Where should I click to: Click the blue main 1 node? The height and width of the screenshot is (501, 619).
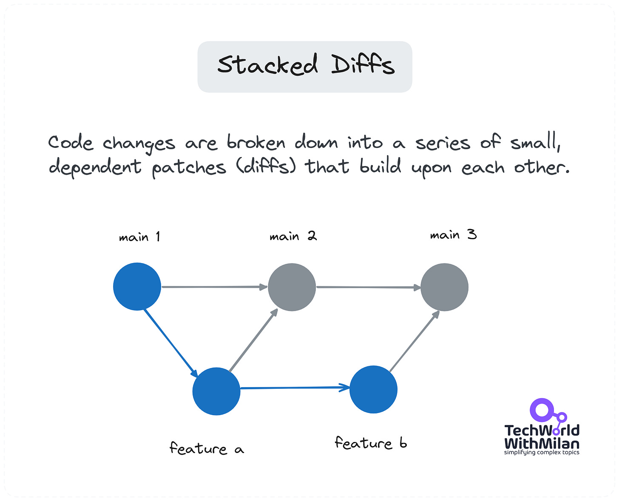pos(137,286)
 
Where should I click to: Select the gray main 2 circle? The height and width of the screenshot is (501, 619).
pos(292,287)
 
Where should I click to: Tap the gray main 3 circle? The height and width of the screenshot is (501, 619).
pos(444,287)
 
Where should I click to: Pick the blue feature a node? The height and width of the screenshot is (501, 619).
pos(216,391)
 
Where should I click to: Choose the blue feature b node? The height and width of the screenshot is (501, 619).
pos(373,389)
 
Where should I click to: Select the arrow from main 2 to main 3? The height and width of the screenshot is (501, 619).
pos(368,287)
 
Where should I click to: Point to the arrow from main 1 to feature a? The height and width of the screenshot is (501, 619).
pos(170,342)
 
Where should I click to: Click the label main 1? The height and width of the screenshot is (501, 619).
pos(139,237)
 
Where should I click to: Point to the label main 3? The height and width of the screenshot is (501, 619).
pos(453,235)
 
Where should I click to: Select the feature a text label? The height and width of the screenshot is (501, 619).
pos(207,448)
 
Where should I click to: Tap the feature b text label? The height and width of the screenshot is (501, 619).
pos(371,443)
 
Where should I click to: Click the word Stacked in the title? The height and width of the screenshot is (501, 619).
pos(267,65)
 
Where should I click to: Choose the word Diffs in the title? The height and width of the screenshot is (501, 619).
pos(363,65)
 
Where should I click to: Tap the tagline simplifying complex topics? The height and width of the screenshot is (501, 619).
pos(542,453)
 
